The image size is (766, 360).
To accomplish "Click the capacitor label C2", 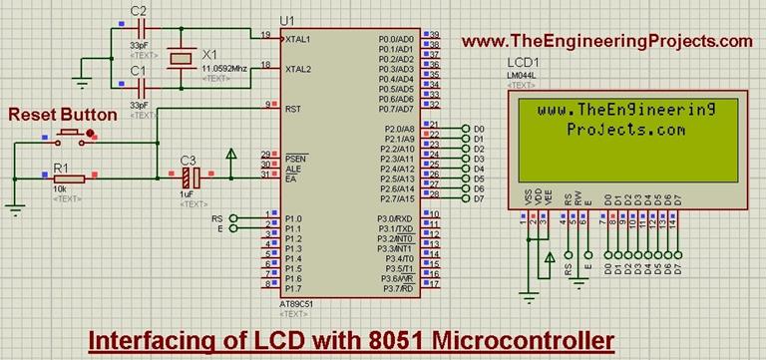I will tap(139, 11).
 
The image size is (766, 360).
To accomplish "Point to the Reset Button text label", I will tap(62, 115).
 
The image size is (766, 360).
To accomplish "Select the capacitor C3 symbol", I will tap(193, 179).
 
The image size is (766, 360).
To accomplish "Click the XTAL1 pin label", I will tap(298, 39).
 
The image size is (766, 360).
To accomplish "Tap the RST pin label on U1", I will tap(292, 109).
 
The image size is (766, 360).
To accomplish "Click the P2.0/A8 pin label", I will tap(398, 130).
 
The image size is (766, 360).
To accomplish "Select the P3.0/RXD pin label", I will tap(395, 217).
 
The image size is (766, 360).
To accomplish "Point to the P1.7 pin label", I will tap(292, 288).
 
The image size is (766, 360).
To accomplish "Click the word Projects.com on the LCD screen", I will tap(625, 130).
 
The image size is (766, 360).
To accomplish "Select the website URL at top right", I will tap(606, 41).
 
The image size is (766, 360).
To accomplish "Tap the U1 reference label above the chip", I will tap(288, 20).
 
